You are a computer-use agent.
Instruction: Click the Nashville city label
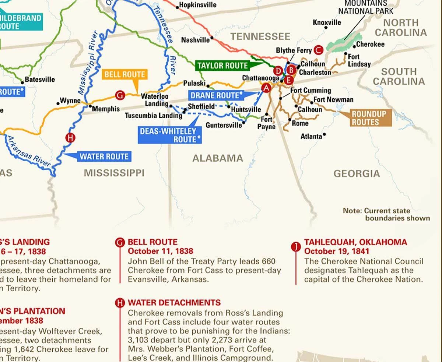coord(195,40)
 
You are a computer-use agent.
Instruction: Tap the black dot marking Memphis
coord(90,106)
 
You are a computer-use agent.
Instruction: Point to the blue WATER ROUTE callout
coord(104,157)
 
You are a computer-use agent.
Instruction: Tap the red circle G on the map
coord(120,95)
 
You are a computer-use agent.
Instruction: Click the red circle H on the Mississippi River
coord(70,138)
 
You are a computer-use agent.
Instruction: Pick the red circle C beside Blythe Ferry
coord(319,50)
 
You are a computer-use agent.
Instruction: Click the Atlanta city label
coord(311,137)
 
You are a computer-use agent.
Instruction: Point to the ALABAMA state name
coord(218,158)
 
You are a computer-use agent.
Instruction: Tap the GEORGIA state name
coord(356,173)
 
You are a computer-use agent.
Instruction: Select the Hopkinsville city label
coord(197,6)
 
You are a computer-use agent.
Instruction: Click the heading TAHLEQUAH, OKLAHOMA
coord(355,242)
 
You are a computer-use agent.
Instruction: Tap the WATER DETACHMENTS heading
coord(174,303)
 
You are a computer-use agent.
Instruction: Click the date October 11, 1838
coord(160,252)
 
